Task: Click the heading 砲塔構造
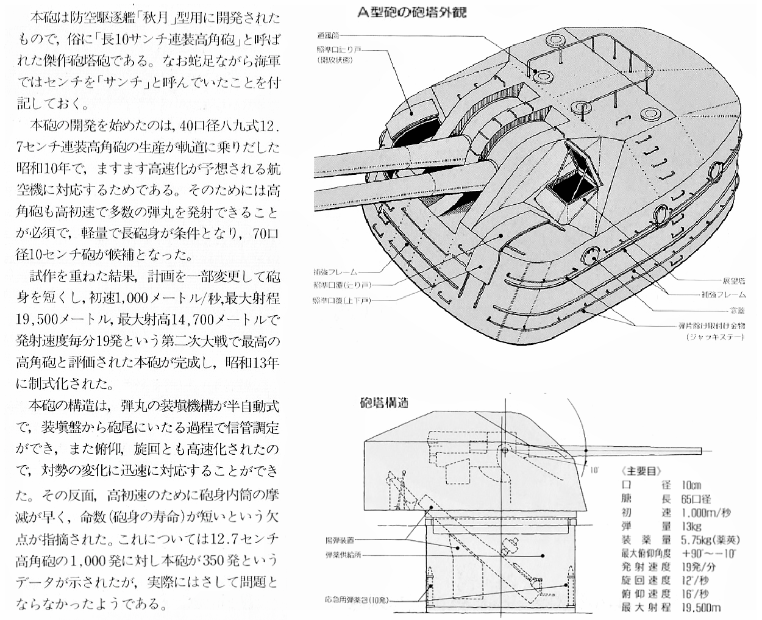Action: [x=384, y=404]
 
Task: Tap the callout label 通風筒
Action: [x=329, y=35]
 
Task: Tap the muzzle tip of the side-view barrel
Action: [x=699, y=451]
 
